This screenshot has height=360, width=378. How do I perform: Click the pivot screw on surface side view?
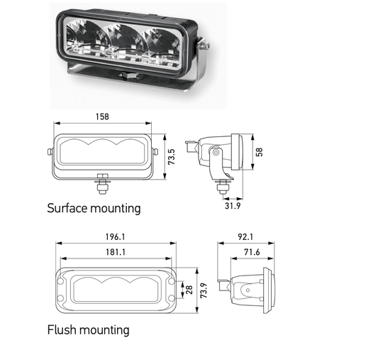(x=215, y=153)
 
